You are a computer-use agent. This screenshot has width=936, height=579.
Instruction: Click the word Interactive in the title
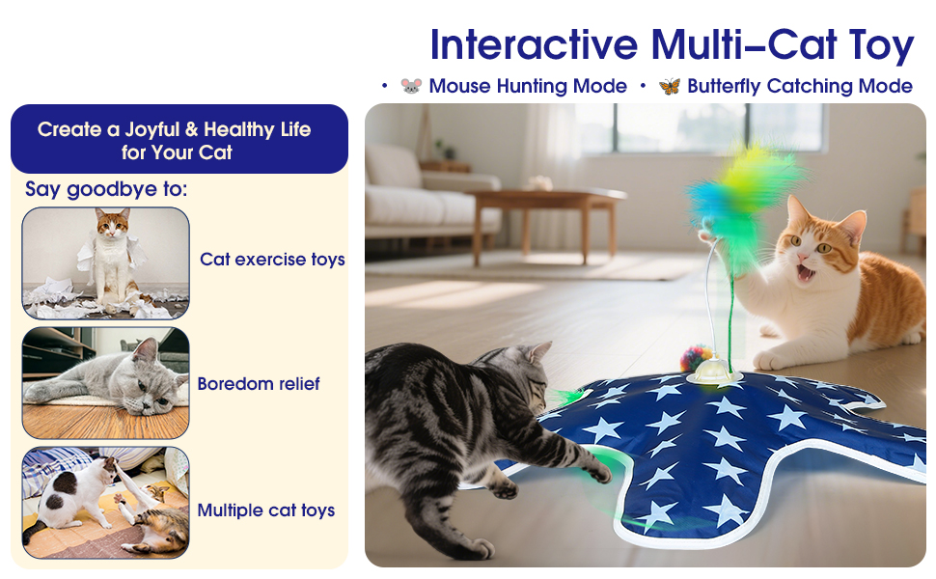(535, 44)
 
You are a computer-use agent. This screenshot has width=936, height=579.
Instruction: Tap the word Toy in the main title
(881, 46)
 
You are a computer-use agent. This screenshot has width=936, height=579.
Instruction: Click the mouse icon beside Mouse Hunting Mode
(411, 86)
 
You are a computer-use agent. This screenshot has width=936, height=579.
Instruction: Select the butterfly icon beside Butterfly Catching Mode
(669, 86)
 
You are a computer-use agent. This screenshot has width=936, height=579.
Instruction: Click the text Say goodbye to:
(106, 190)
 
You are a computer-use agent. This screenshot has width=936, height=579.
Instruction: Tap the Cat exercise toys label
(272, 260)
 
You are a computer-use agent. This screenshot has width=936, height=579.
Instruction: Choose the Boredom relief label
(259, 384)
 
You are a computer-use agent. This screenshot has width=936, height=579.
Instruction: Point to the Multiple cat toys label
(266, 510)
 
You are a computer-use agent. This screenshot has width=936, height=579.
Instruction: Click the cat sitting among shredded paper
(113, 257)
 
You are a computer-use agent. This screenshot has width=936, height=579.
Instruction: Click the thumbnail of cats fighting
(105, 503)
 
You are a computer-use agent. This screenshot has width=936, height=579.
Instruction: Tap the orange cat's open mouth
(806, 273)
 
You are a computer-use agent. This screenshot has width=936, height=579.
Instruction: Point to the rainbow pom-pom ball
(693, 358)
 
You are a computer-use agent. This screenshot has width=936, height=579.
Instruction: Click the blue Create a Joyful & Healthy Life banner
(179, 139)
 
